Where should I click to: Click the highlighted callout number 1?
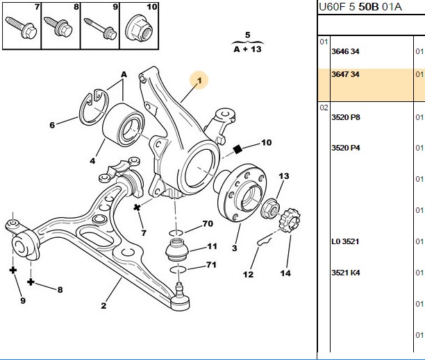(199, 80)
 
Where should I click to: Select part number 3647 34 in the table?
(345, 74)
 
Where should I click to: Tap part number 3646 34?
(345, 51)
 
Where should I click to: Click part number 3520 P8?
(346, 117)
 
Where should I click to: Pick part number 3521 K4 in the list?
(346, 273)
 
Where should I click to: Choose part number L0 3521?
(345, 241)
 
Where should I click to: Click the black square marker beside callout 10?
(237, 149)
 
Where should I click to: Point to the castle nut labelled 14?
(290, 220)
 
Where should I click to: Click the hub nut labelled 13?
(270, 208)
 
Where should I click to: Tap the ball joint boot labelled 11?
(176, 250)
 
